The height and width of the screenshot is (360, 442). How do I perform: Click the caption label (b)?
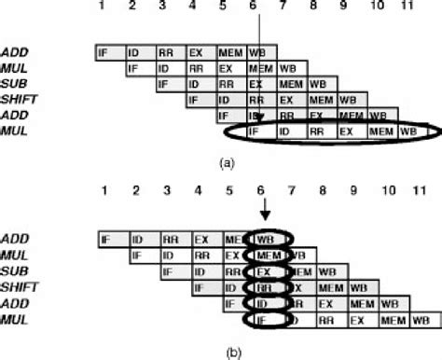(225, 352)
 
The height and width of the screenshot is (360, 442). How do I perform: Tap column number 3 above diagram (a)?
(165, 7)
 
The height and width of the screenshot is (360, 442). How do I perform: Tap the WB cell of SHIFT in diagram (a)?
(347, 100)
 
